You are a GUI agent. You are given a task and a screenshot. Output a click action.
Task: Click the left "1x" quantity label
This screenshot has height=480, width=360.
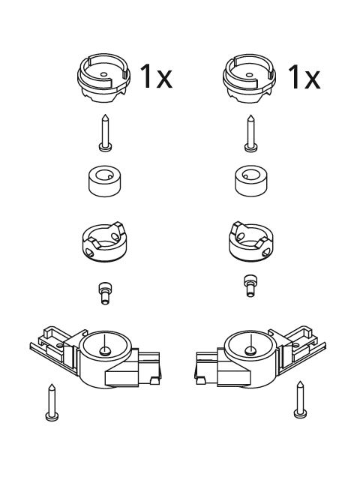pos(156,76)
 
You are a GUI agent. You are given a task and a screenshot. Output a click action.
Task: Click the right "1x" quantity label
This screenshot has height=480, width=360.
pos(304,77)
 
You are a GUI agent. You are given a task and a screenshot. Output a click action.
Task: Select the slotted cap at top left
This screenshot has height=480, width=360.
pos(103,78)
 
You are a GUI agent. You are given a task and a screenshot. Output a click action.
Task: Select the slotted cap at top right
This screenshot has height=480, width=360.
pos(250,78)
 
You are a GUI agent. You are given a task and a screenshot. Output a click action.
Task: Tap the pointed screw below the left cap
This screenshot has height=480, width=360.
pos(105,133)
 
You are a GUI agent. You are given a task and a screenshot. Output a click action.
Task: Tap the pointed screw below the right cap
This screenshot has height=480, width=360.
pos(250,133)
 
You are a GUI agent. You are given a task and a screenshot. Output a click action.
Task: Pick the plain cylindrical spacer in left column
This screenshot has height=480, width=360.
pos(105,181)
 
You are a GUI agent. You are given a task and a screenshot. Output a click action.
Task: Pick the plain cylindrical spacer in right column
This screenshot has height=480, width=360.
pos(251,181)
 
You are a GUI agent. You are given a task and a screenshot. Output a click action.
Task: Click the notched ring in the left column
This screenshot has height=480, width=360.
pos(105,241)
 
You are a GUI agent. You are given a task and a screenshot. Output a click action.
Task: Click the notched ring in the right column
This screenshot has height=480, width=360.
pos(250,241)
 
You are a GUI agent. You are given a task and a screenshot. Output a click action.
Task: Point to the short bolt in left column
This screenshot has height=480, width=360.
pos(105,293)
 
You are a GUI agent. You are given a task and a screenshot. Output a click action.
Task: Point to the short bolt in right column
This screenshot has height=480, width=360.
pos(250,286)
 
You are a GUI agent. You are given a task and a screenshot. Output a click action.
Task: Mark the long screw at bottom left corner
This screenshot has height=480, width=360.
pos(52,402)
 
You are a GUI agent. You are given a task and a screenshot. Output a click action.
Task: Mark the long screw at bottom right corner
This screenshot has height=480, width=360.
pos(301,400)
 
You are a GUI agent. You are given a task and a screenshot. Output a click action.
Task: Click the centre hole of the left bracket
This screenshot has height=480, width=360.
pos(105,351)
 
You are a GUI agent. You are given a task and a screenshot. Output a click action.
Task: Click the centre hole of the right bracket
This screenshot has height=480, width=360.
pos(250,350)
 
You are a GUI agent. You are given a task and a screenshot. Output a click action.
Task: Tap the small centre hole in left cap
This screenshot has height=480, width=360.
pos(103,74)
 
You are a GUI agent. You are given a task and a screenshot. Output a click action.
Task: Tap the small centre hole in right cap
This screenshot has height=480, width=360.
pos(250,74)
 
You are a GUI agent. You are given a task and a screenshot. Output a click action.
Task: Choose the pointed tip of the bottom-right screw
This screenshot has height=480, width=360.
pos(301,382)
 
